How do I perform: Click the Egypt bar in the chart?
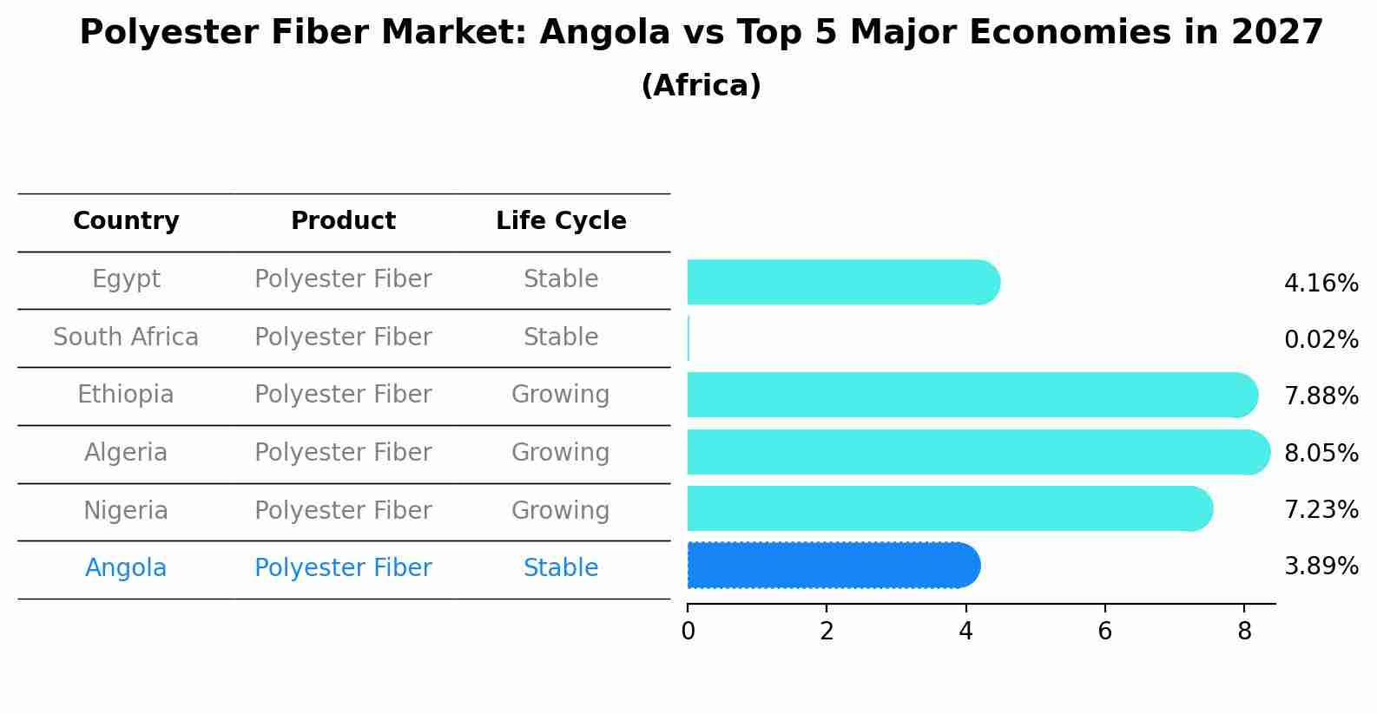[x=843, y=282]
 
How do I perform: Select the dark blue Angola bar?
[x=833, y=566]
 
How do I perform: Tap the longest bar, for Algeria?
[x=978, y=452]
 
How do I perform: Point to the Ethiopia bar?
[x=972, y=395]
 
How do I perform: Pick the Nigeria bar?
[x=951, y=508]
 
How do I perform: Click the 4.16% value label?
[x=1321, y=284]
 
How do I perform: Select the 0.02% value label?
[x=1321, y=340]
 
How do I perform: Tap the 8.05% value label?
[x=1321, y=454]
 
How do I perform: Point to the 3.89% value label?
[x=1321, y=566]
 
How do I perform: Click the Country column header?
[x=126, y=221]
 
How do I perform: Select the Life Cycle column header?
[x=561, y=221]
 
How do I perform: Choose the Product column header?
[x=343, y=220]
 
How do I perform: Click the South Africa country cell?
[x=126, y=337]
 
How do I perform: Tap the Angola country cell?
[x=126, y=568]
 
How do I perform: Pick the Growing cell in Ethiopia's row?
[x=561, y=395]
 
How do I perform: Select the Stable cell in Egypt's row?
[x=561, y=279]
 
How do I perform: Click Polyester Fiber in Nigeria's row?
[x=343, y=511]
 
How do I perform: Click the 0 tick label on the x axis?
[x=688, y=631]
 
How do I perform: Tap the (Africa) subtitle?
[x=701, y=85]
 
